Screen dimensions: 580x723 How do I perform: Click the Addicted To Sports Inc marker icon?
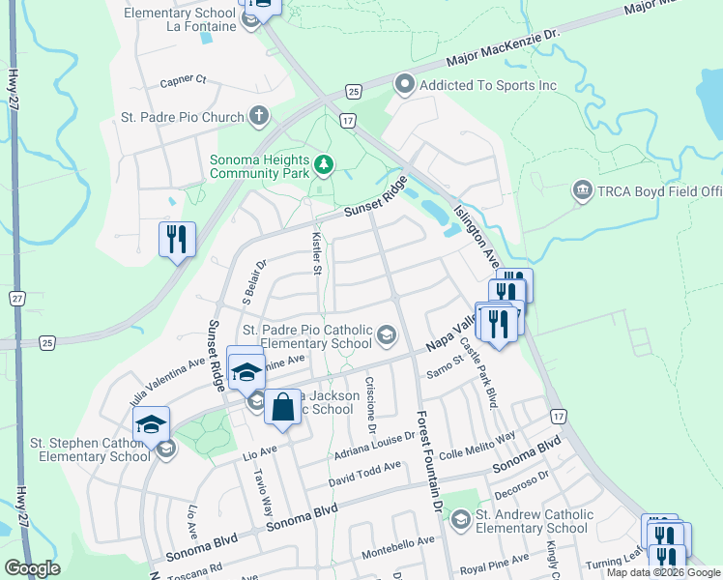coord(405,86)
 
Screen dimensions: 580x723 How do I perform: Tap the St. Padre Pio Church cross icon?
coord(258,118)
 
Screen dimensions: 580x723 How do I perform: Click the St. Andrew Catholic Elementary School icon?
coord(461,521)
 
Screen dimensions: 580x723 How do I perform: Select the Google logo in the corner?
coord(32,568)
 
